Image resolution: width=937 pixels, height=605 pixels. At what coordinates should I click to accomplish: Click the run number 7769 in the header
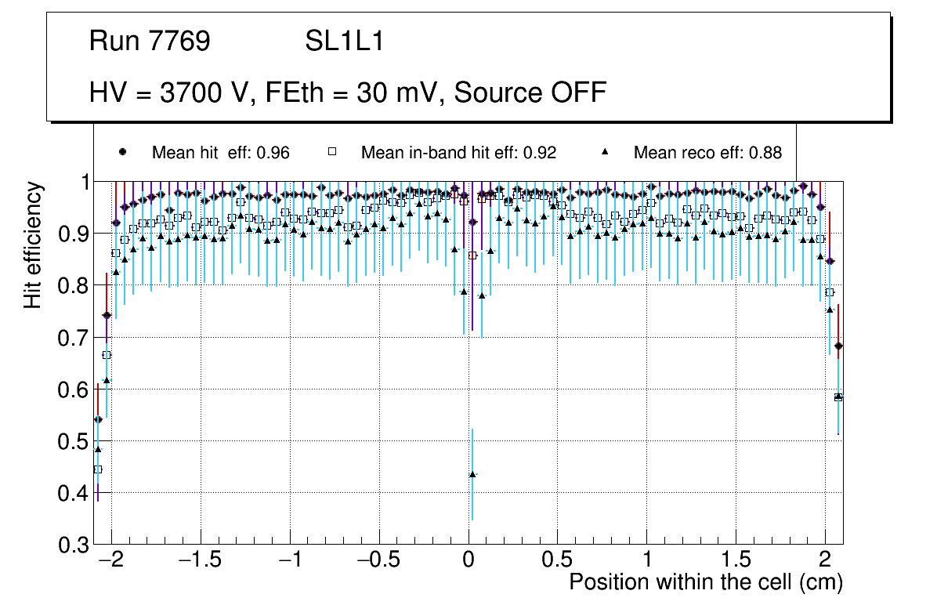click(x=181, y=42)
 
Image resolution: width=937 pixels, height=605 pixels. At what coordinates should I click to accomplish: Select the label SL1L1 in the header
click(x=345, y=42)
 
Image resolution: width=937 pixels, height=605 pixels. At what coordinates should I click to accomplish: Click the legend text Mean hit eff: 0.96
click(x=221, y=153)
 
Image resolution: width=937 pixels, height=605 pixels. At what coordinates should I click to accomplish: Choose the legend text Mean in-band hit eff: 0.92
click(x=458, y=153)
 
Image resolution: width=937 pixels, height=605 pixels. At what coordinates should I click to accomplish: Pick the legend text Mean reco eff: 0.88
click(x=707, y=153)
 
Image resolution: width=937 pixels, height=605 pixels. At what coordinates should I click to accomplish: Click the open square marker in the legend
click(x=331, y=152)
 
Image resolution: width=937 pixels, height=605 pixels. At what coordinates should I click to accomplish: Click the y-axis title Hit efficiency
click(x=34, y=245)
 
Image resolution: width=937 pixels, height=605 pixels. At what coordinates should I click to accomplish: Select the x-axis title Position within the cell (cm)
click(x=705, y=582)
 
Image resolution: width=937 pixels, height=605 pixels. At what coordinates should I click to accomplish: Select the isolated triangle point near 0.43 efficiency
click(x=472, y=474)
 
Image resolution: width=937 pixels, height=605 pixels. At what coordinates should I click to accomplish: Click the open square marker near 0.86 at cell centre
click(x=472, y=255)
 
